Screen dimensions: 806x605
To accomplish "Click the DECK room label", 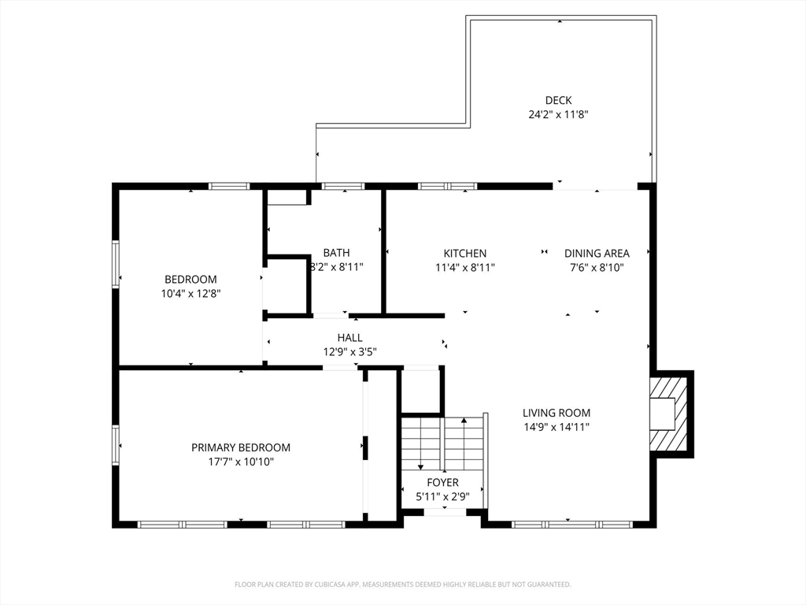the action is (558, 100).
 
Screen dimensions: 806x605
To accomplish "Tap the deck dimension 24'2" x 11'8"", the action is (558, 114).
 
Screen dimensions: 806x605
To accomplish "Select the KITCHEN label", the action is (464, 253).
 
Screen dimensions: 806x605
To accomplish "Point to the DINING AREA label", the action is (597, 253).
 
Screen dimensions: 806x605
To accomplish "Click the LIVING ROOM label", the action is (556, 413).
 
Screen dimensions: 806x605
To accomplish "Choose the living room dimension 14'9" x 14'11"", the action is (556, 426).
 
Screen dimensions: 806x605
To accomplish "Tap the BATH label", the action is (336, 253).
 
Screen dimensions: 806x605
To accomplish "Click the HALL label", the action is (349, 337).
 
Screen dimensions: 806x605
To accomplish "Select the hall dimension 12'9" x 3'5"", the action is (349, 352).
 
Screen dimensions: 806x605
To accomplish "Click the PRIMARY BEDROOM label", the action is (241, 447).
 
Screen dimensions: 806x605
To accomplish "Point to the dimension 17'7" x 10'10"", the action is (241, 462).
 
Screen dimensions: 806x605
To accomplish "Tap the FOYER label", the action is (442, 483).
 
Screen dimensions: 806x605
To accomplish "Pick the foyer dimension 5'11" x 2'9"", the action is (442, 497).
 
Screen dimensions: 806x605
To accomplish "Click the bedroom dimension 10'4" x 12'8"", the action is (190, 294).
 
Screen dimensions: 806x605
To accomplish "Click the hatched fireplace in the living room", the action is (668, 414).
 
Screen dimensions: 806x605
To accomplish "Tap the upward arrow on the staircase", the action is (464, 436).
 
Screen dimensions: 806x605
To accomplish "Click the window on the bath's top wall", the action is (343, 186).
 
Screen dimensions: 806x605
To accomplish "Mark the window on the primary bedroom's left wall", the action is (116, 446).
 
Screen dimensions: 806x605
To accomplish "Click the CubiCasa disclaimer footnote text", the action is (402, 585).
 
